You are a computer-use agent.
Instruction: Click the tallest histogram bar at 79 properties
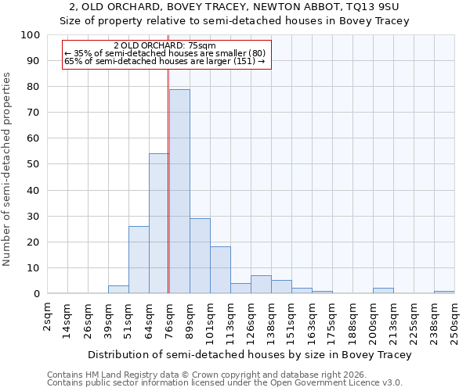pos(179,192)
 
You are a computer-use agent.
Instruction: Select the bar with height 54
pos(159,224)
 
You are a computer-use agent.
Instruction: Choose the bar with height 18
pos(220,270)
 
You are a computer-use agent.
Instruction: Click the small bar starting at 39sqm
pos(118,289)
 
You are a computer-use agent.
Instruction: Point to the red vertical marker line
pos(168,180)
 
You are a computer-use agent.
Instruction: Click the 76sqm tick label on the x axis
pos(169,321)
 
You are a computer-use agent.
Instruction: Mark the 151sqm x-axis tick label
pos(291,323)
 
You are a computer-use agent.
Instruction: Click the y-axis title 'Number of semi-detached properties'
pos(8,169)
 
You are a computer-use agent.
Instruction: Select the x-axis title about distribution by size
pos(249,354)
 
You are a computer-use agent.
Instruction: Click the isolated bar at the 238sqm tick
pos(444,292)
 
